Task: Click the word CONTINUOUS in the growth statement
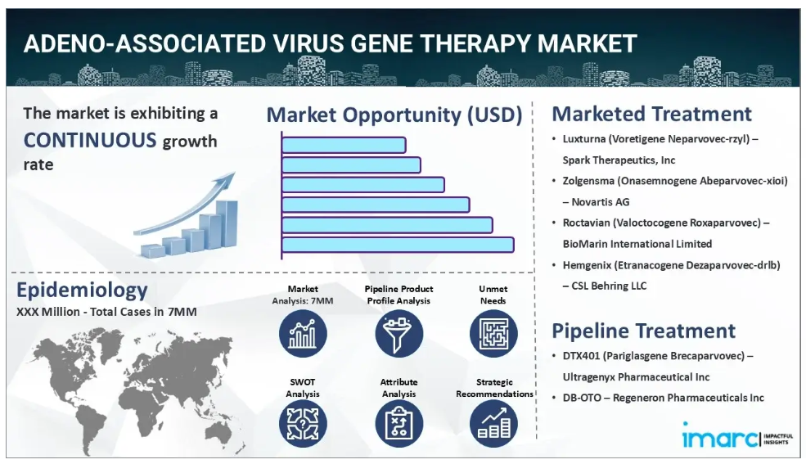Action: [x=90, y=140]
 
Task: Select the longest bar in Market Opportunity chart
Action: [x=398, y=245]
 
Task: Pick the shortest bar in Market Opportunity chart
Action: [x=344, y=146]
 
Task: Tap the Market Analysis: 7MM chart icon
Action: [x=303, y=334]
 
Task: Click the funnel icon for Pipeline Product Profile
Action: [x=398, y=334]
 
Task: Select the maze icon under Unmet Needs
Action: [x=493, y=334]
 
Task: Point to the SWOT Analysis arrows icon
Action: [x=303, y=424]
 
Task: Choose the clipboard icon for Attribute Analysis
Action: [x=398, y=424]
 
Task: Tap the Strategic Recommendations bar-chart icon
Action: [x=493, y=424]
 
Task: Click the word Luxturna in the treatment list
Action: [x=583, y=139]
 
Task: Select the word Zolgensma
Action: [x=588, y=181]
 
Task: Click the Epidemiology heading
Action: [x=83, y=290]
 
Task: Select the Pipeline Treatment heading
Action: [x=643, y=331]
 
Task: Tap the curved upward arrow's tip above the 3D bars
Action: [x=234, y=173]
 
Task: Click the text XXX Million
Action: [x=48, y=312]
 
